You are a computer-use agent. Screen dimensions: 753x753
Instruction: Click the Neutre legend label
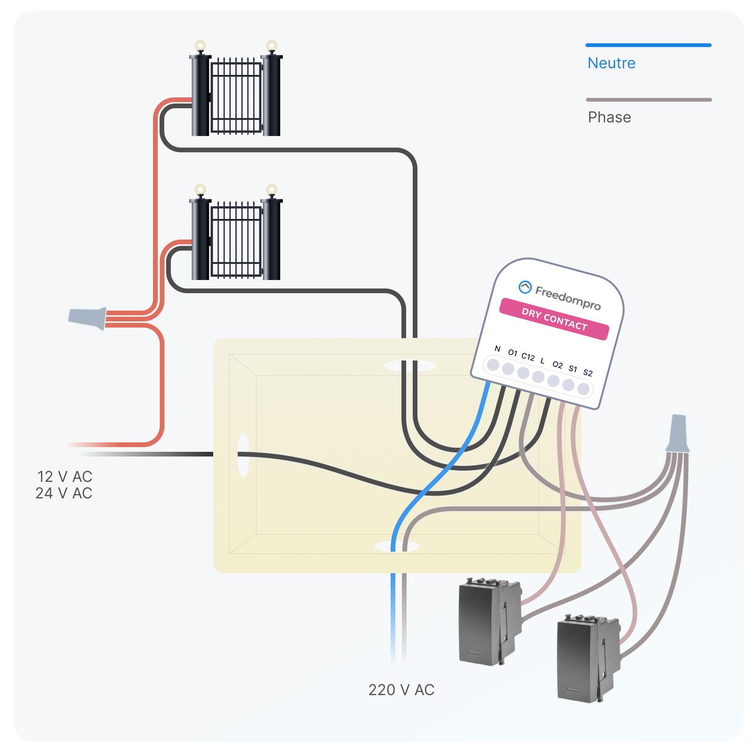pos(611,63)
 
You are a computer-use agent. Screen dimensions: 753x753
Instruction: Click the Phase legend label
pos(609,117)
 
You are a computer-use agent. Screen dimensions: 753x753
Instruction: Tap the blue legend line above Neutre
pos(648,45)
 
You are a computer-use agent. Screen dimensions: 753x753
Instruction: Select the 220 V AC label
pos(401,690)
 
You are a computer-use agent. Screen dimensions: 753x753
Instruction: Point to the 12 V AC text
pos(64,477)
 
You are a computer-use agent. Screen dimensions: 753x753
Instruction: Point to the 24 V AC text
pos(64,493)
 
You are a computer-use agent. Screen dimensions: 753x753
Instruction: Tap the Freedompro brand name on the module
pos(568,298)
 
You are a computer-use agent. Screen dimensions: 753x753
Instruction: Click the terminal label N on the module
pos(497,349)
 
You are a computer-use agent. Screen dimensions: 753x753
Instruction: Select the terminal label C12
pos(528,357)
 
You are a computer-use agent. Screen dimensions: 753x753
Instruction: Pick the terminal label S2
pos(588,373)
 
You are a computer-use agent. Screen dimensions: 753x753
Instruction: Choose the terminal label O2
pos(558,365)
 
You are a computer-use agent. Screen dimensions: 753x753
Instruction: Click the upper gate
pos(236,94)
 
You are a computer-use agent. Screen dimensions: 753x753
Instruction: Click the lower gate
pos(236,238)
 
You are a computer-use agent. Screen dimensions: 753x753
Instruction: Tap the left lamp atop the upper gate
pos(200,46)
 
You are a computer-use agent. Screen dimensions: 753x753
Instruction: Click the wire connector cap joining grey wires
pos(678,433)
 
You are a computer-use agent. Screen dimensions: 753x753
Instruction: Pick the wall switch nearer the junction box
pos(489,622)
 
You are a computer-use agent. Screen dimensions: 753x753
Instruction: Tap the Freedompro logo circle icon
pos(525,287)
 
